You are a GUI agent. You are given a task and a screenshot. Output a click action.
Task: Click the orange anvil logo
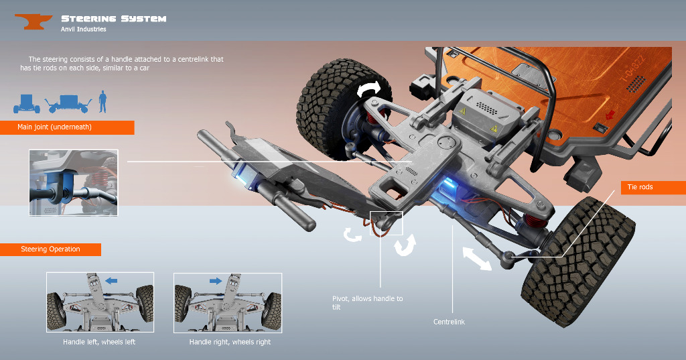(x=33, y=21)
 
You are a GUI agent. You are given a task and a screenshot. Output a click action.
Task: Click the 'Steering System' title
(x=114, y=18)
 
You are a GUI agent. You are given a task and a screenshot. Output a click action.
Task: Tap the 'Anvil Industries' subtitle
(x=84, y=29)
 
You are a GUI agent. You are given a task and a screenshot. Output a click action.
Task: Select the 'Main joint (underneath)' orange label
(x=67, y=127)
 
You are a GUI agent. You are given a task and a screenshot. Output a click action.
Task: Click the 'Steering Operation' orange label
(x=50, y=249)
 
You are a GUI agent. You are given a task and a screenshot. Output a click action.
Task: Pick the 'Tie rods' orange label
(x=653, y=187)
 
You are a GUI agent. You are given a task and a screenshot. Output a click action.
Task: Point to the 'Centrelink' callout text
(x=449, y=322)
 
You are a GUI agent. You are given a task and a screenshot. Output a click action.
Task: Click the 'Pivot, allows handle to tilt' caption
(x=367, y=302)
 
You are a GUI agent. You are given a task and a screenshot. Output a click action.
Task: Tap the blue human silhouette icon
(x=102, y=102)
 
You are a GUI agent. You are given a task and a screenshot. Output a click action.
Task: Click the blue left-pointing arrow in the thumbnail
(x=111, y=281)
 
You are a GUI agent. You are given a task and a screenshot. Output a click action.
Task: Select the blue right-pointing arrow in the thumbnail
(x=216, y=281)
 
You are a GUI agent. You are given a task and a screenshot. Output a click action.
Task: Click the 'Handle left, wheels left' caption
(x=99, y=342)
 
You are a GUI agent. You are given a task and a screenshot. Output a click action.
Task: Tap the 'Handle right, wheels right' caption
(x=230, y=342)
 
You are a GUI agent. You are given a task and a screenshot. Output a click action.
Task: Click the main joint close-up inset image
(x=74, y=182)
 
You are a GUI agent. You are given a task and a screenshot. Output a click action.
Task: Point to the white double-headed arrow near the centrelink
(x=477, y=258)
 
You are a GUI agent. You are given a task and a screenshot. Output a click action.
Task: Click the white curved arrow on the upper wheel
(x=369, y=89)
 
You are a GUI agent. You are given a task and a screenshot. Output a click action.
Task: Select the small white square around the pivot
(x=387, y=223)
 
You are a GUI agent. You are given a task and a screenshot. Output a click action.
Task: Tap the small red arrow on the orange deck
(x=610, y=115)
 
